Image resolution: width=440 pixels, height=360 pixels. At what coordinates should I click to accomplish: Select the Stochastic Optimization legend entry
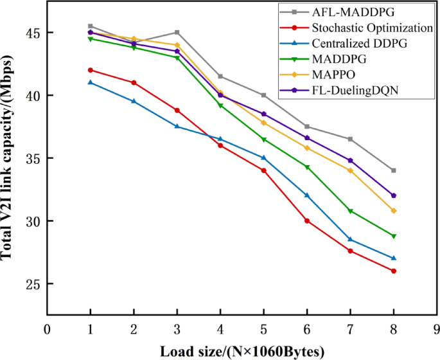tap(372, 28)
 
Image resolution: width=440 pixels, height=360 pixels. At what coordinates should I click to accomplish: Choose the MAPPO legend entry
tap(330, 75)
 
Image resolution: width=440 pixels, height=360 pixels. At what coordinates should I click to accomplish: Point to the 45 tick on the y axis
tap(32, 33)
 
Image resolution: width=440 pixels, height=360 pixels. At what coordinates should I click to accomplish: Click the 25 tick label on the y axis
tap(32, 284)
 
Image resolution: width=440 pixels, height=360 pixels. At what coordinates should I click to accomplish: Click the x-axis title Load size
tap(242, 350)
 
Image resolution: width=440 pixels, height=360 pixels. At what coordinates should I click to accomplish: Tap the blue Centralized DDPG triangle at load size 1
tap(91, 82)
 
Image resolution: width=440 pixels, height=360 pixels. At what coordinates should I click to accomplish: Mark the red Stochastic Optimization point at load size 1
tap(91, 70)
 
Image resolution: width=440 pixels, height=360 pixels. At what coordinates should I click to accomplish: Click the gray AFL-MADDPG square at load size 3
tap(177, 32)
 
